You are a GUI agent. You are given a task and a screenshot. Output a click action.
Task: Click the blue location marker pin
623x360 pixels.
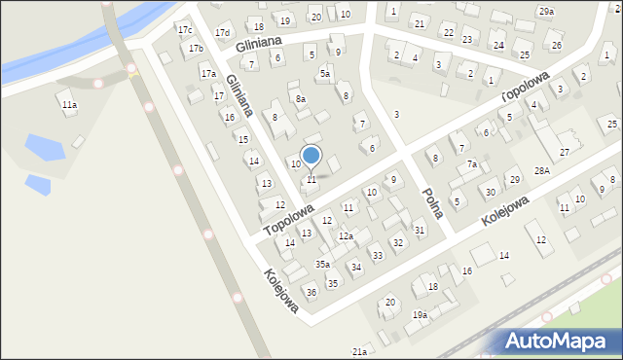tap(311, 156)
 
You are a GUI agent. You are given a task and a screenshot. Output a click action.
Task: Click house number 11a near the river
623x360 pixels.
tap(68, 104)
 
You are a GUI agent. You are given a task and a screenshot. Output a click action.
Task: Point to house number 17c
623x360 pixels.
tap(185, 30)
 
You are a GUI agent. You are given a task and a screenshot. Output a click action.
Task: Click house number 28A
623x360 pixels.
tap(542, 171)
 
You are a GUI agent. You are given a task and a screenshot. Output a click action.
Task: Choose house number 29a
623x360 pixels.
tap(546, 12)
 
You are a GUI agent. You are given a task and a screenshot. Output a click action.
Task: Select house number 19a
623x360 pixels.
tap(420, 314)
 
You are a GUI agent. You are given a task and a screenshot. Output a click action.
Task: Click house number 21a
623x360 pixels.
tap(359, 351)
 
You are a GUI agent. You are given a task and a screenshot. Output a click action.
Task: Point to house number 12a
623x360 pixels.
tap(346, 236)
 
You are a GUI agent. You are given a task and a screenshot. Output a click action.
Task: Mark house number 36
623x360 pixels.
tap(311, 292)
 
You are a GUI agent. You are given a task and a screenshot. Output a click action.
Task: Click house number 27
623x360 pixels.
tap(565, 153)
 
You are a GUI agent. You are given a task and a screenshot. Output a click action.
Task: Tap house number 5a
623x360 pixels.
tap(325, 73)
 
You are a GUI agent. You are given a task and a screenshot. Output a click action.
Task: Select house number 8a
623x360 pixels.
tap(301, 98)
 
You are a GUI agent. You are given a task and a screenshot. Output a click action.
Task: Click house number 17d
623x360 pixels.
tap(223, 33)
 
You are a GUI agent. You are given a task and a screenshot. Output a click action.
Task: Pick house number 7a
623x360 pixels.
tap(471, 164)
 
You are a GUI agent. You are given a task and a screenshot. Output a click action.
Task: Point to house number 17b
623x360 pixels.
tap(196, 49)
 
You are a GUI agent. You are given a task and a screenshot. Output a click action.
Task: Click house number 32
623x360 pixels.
tap(397, 242)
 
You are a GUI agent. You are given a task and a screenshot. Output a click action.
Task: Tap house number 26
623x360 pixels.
tap(556, 46)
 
